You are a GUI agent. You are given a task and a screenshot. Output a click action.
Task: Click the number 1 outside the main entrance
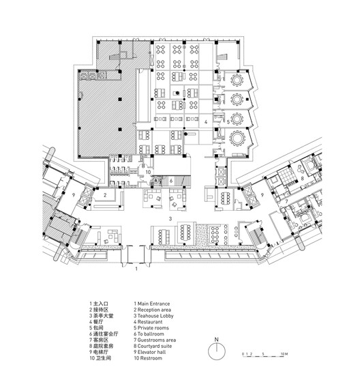pos(136,269)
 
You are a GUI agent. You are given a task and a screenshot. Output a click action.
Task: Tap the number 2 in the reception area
pos(106,195)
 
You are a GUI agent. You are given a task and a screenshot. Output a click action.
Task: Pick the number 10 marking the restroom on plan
pos(148,173)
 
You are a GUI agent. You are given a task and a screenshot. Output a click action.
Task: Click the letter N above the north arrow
pos(216,339)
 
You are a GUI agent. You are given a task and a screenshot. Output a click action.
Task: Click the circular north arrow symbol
pos(216,353)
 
